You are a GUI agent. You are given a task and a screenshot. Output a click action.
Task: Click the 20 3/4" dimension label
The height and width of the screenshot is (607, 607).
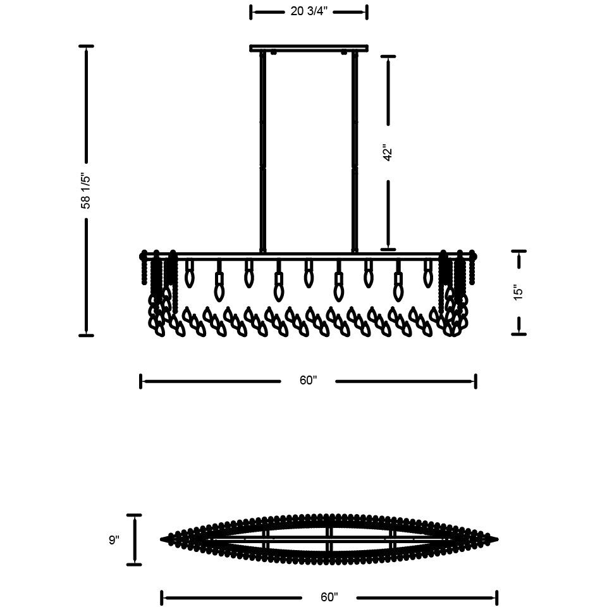309,11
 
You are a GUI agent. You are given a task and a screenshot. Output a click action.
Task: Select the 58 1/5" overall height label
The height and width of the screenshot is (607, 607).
85,191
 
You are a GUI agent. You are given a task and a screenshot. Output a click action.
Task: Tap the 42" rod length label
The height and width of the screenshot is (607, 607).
388,153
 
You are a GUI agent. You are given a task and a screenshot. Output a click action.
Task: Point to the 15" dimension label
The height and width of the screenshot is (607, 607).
518,293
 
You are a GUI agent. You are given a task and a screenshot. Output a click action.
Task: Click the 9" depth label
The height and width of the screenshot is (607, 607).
114,539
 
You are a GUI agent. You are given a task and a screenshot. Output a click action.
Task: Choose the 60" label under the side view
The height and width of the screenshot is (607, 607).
308,381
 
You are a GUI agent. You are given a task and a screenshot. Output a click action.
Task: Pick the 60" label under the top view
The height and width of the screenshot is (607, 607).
329,598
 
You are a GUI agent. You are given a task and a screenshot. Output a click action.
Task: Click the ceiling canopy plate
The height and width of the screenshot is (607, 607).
309,48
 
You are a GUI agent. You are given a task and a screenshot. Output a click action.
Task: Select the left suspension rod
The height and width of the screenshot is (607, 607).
263,151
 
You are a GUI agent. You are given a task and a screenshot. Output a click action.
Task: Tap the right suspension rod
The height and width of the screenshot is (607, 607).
355,151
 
